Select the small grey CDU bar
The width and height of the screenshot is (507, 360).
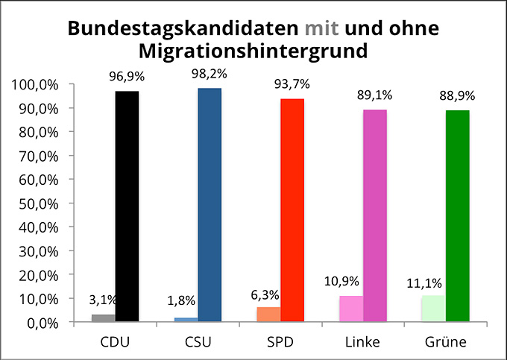(104, 318)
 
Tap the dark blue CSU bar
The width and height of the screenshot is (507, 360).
(210, 205)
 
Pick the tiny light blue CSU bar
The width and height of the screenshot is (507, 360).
(186, 320)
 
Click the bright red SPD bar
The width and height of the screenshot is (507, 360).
(292, 210)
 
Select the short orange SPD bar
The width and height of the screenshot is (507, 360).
(268, 315)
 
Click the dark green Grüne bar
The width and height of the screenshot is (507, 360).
(457, 216)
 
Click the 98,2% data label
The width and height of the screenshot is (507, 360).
(210, 75)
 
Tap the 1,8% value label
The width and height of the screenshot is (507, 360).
(180, 301)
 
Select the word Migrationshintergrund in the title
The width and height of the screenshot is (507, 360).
(253, 51)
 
